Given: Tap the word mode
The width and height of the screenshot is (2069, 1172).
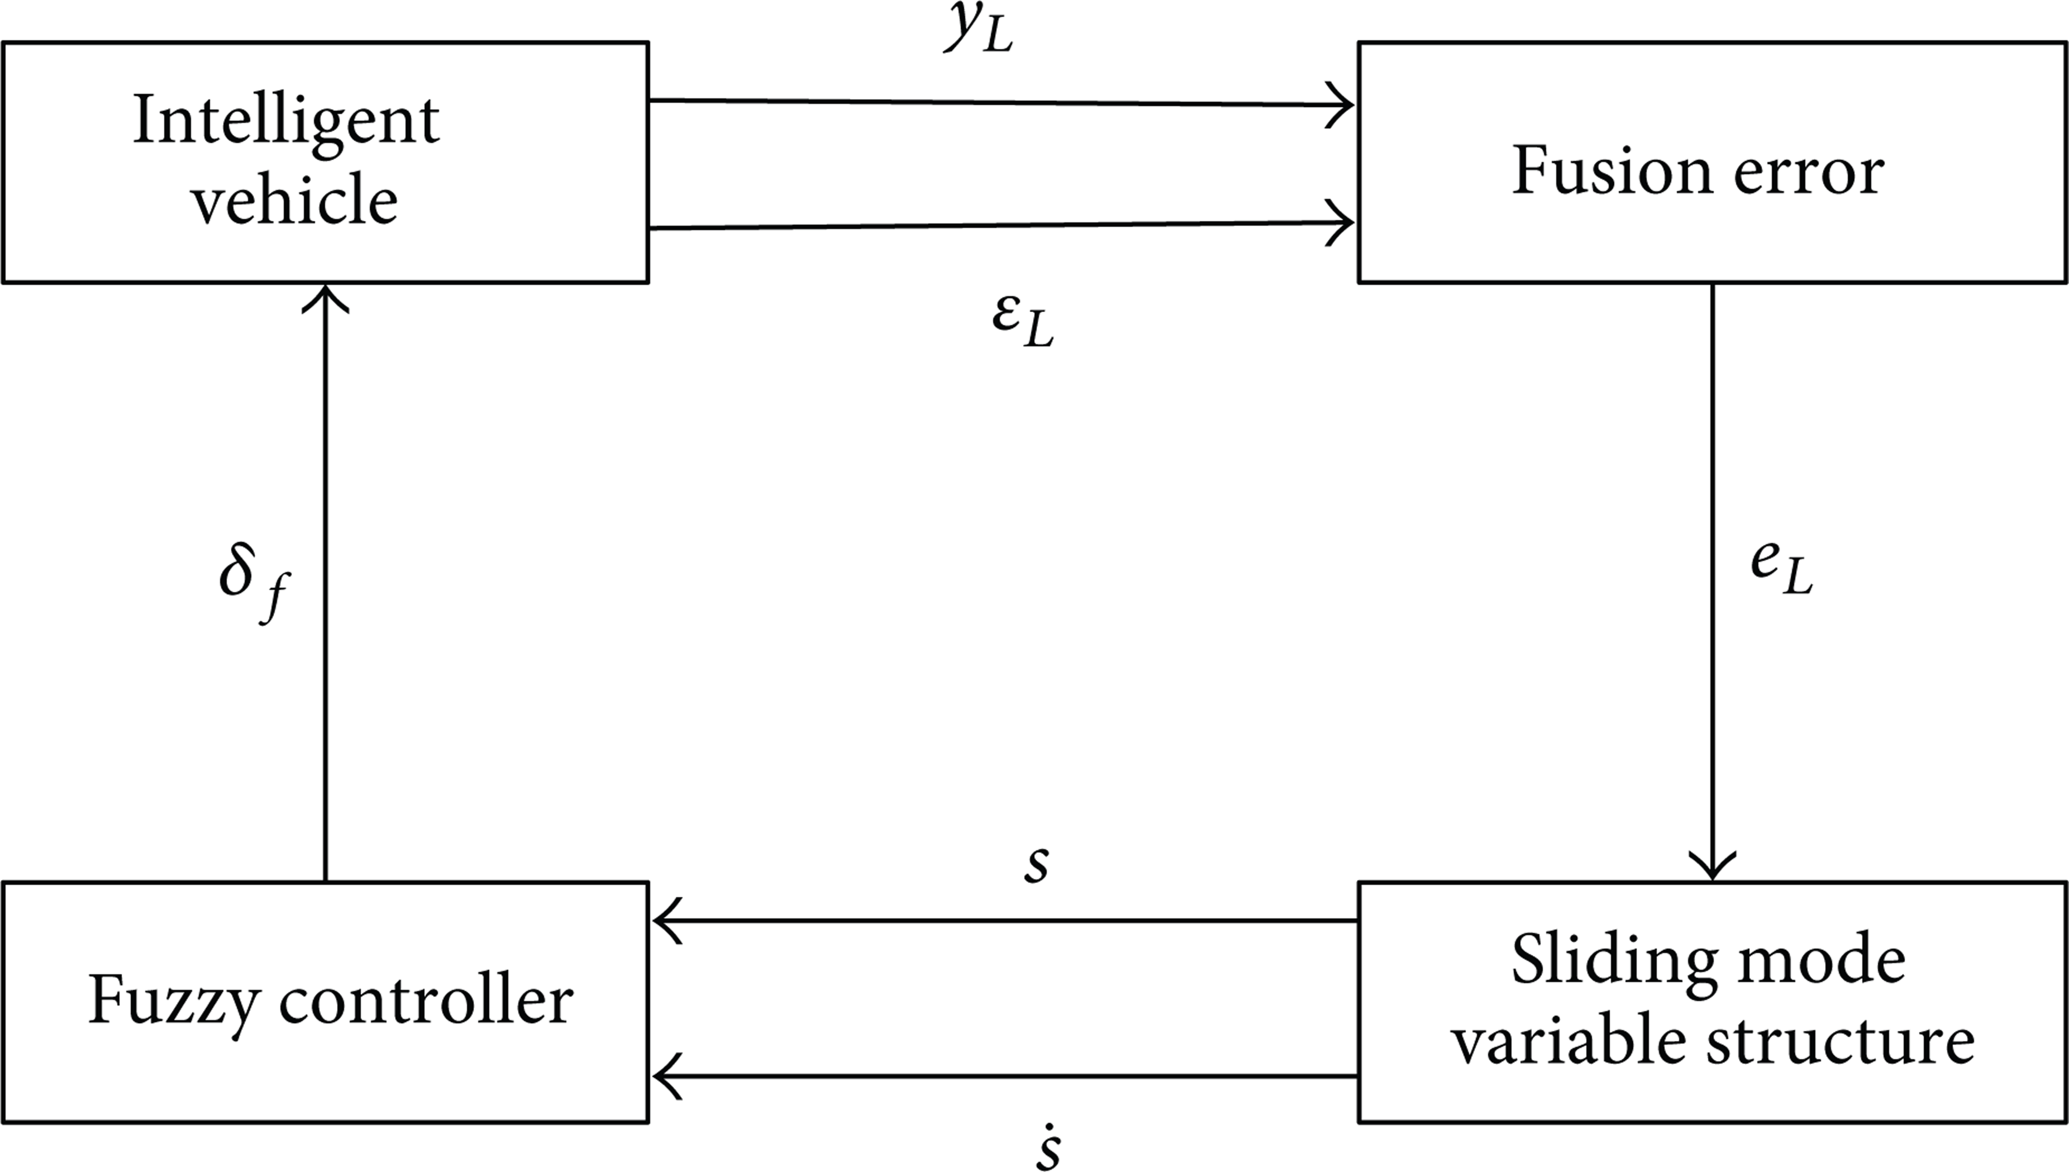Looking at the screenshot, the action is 1837,960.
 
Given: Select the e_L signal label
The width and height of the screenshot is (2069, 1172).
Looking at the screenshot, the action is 1782,570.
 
